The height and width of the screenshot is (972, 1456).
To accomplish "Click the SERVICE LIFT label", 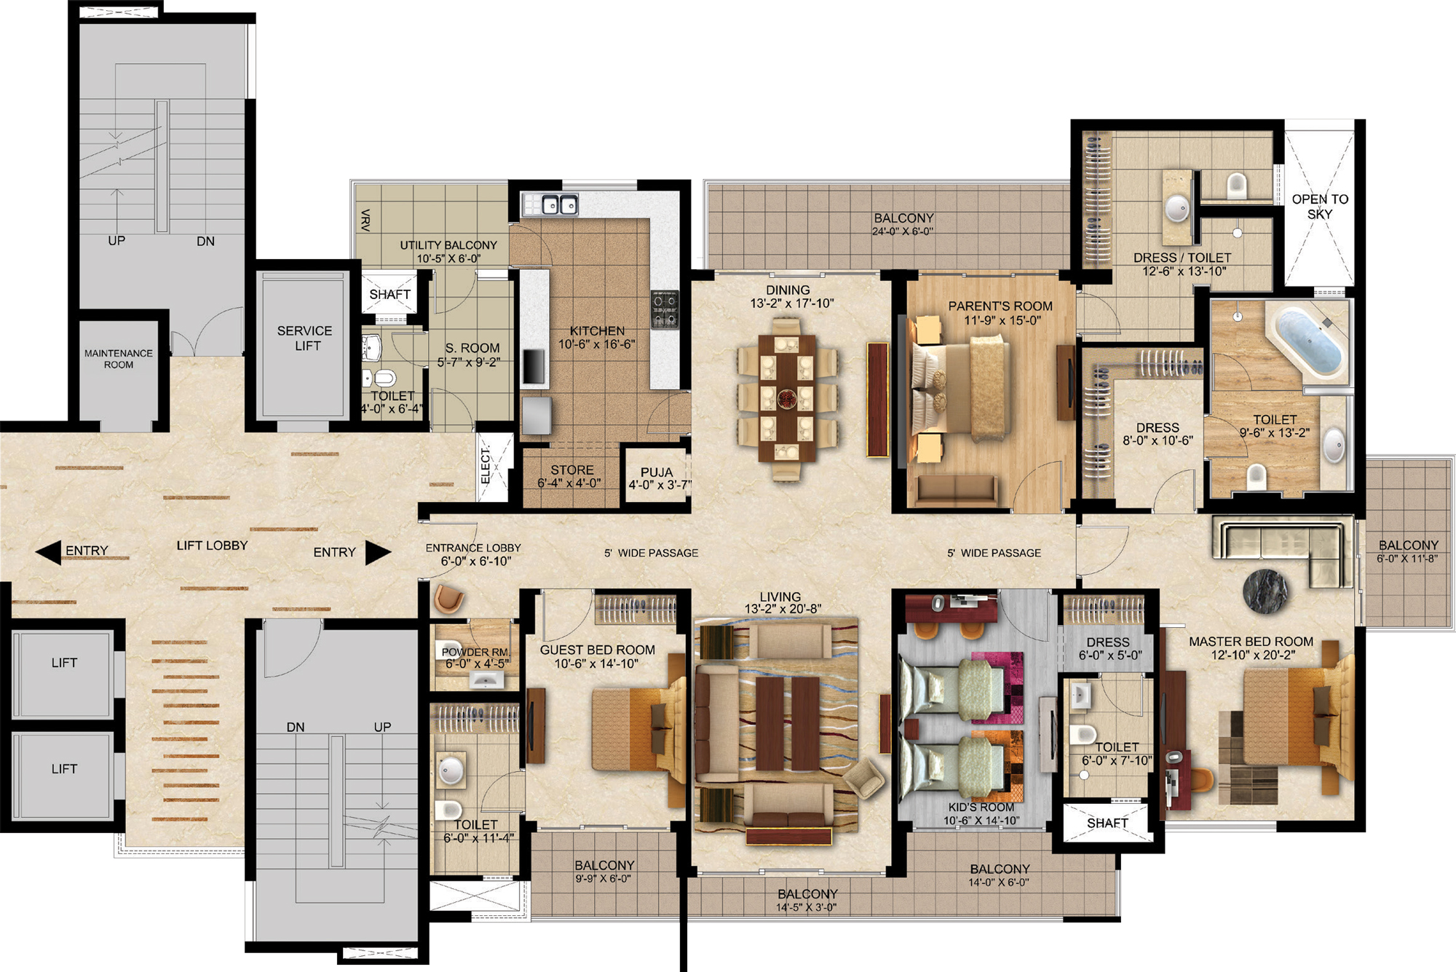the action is point(304,338).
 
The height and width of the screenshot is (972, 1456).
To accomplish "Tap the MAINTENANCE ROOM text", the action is point(119,359).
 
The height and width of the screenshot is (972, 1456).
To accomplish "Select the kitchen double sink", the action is point(550,204).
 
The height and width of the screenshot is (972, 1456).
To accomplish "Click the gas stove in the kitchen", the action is point(664,308).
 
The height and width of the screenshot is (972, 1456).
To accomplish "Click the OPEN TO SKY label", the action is point(1320,207).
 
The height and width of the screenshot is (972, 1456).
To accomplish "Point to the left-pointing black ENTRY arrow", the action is point(48,553).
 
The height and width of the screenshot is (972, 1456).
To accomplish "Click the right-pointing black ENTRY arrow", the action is point(378,553).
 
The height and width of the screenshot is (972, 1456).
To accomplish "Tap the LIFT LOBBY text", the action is point(213,546).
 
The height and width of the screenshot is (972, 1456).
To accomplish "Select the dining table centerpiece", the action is point(787,398).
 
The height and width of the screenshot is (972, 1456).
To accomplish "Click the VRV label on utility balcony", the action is point(365,220).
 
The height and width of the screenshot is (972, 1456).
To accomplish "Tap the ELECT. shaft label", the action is point(486,465).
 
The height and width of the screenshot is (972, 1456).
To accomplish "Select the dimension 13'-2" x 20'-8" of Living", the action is point(783,609).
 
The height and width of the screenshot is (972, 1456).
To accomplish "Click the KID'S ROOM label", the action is point(981,808).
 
